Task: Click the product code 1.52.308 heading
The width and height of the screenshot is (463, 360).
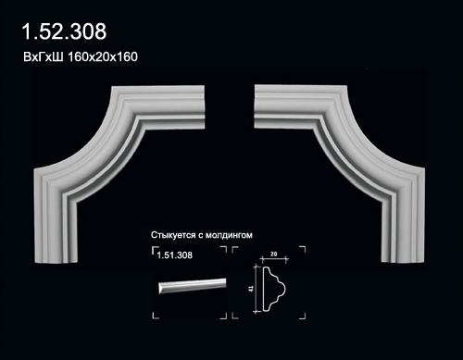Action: tap(64, 31)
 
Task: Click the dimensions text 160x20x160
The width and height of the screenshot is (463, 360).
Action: tap(103, 57)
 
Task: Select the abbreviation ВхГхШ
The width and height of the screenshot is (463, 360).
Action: tap(44, 57)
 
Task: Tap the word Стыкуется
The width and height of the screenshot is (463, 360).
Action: tap(173, 235)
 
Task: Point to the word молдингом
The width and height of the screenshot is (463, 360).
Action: tap(229, 235)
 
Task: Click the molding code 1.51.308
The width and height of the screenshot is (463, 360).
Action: tap(175, 255)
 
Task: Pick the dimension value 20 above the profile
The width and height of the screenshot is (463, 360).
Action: tap(273, 254)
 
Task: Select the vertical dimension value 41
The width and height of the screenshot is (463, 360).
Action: tap(251, 289)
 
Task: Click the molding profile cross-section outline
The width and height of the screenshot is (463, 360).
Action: tap(274, 289)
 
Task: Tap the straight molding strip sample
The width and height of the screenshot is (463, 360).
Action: tap(193, 286)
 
